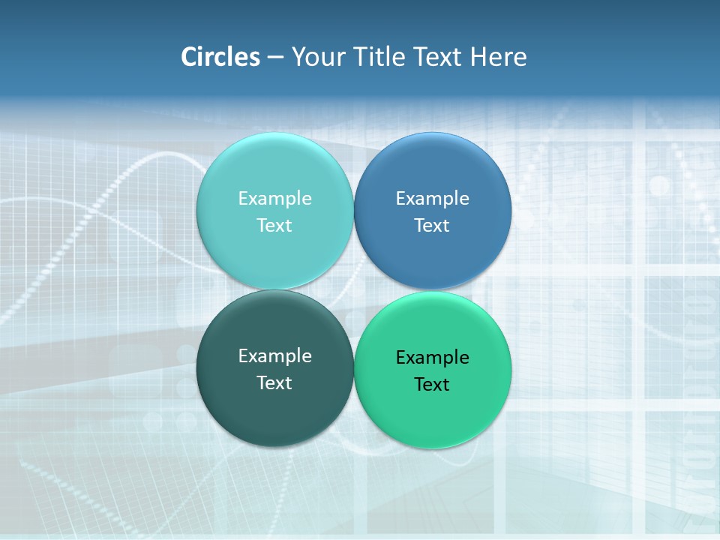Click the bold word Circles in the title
220,57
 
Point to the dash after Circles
275,58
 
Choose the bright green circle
433,412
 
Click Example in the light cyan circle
274,199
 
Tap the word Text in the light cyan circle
274,226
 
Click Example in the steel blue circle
432,199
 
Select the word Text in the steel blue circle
432,226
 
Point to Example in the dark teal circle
274,356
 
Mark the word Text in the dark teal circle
274,383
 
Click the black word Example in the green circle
432,358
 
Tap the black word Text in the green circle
432,385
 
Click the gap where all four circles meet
354,290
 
